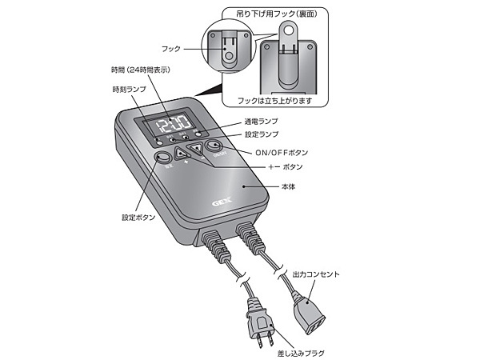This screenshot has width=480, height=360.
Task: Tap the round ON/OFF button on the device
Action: point(212,146)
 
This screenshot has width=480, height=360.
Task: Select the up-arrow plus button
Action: point(180,153)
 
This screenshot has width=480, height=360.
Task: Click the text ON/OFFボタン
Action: point(280,152)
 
